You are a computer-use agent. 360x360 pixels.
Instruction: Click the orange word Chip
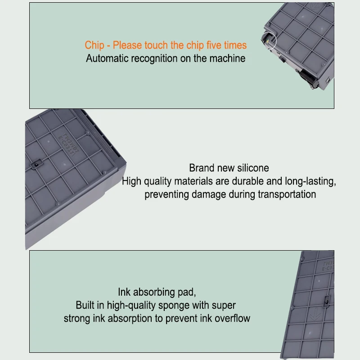pyautogui.click(x=94, y=45)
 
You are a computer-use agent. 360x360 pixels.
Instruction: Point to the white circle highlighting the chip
pyautogui.click(x=269, y=40)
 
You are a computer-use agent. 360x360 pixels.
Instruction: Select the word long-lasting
pyautogui.click(x=310, y=181)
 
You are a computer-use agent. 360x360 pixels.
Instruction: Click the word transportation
pyautogui.click(x=287, y=194)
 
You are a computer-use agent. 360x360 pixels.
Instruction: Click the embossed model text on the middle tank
pyautogui.click(x=68, y=144)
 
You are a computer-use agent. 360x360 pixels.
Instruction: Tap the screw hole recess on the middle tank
pyautogui.click(x=36, y=164)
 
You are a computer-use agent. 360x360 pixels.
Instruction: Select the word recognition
pyautogui.click(x=154, y=58)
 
